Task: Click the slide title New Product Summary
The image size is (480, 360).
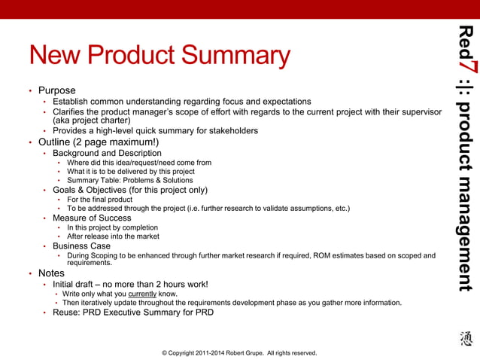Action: (159, 56)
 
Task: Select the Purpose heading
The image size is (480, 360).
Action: (56, 90)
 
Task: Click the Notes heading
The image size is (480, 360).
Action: (51, 273)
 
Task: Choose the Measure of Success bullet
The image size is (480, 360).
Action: (92, 218)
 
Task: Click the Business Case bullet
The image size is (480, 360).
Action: (81, 246)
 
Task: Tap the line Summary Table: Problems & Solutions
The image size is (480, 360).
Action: (129, 181)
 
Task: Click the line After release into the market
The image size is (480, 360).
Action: (113, 236)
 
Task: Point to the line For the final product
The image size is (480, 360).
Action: (101, 200)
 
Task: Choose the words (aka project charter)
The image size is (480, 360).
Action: (91, 120)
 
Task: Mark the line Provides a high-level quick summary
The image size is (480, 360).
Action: (155, 130)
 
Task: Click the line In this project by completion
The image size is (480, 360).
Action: (112, 227)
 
